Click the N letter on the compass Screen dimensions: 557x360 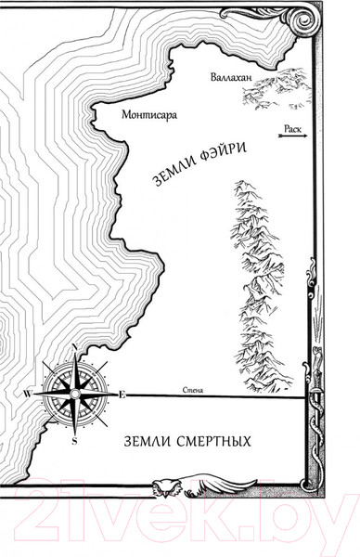pos(74,348)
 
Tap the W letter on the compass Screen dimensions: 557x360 pos(27,395)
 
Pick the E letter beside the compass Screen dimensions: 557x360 pos(122,395)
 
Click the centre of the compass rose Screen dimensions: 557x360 pos(74,395)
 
